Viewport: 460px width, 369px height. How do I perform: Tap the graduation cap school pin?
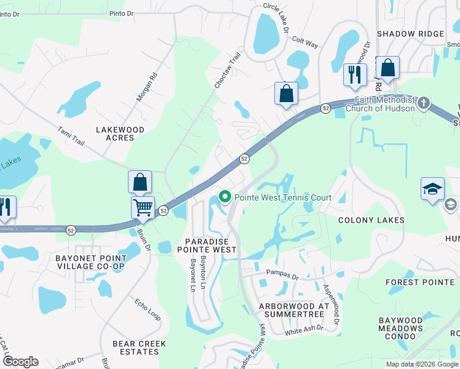click(x=432, y=188)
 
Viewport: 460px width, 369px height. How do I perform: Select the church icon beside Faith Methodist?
click(x=423, y=103)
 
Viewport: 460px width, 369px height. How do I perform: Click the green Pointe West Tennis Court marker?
click(x=225, y=197)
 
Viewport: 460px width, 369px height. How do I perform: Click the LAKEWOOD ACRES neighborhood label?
click(x=120, y=133)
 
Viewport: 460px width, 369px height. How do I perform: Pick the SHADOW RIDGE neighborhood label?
click(x=410, y=34)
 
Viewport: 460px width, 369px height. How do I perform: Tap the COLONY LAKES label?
click(x=371, y=220)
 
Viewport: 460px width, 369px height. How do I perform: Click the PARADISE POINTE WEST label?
click(x=207, y=245)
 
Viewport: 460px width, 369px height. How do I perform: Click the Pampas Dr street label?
click(x=282, y=271)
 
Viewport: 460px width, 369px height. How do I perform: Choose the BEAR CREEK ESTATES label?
click(x=136, y=347)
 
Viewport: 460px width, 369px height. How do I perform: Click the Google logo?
click(x=20, y=362)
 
